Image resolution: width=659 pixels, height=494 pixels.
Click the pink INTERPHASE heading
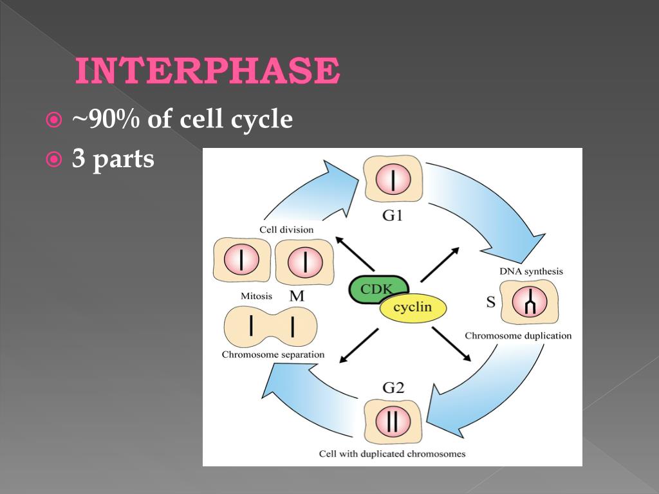[207, 71]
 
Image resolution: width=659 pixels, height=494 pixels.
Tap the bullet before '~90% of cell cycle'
[54, 120]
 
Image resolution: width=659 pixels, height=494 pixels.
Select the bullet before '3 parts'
[54, 159]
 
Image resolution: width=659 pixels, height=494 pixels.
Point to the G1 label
[393, 215]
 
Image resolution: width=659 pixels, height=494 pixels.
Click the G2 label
[393, 388]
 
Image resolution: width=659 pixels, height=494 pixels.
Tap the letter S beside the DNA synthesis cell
[490, 301]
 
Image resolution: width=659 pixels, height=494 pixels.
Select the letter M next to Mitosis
[297, 296]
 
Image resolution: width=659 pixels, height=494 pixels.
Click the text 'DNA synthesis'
[531, 271]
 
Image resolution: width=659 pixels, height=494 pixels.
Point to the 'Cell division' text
[286, 230]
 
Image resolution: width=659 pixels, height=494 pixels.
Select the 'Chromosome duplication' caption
[518, 336]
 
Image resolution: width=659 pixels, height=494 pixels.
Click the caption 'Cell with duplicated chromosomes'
[392, 454]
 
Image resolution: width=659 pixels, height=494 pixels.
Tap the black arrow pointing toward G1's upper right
[440, 264]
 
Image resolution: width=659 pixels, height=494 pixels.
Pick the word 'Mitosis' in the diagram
[256, 297]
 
